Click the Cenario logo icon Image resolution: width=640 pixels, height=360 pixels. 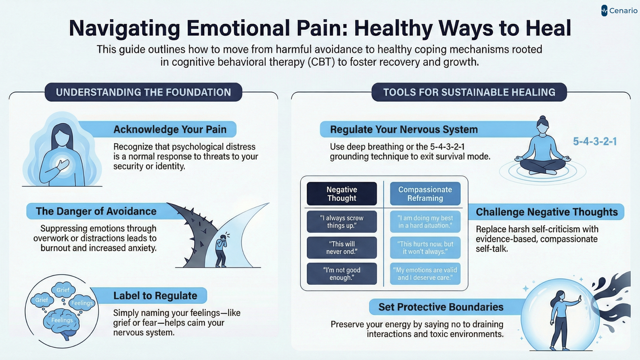[604, 11]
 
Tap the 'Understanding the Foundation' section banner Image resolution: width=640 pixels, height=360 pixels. [143, 92]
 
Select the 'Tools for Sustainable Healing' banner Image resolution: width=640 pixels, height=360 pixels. [469, 92]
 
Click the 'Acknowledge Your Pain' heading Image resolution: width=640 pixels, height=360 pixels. [170, 129]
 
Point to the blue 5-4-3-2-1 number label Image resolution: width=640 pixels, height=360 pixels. [595, 141]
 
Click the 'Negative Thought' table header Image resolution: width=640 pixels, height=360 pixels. [342, 194]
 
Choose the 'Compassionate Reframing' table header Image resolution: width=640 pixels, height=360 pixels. [425, 194]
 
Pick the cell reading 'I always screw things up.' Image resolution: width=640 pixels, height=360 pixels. [342, 222]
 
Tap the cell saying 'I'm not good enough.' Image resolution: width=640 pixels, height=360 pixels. [342, 274]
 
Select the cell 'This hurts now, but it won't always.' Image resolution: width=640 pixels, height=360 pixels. [425, 248]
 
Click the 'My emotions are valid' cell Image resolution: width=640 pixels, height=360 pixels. [425, 274]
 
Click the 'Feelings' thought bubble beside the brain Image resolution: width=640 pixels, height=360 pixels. [82, 303]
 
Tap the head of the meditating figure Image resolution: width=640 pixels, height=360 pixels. [543, 125]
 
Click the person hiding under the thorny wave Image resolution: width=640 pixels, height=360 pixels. [221, 250]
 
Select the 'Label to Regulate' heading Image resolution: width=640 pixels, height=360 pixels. [155, 296]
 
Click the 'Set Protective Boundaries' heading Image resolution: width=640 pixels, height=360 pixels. [441, 307]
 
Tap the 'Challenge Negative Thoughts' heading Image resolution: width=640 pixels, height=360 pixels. [547, 212]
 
